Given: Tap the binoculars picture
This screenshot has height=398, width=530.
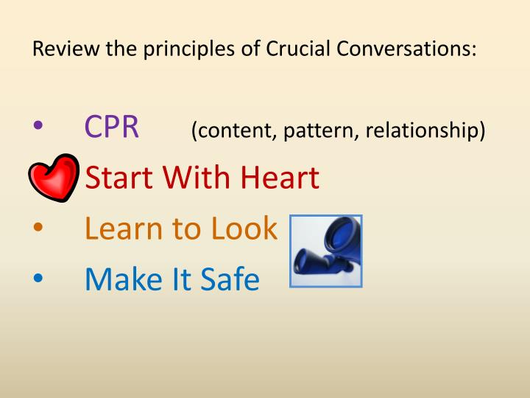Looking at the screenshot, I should click(x=326, y=251).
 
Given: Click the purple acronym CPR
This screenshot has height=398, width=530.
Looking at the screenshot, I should click(x=112, y=128).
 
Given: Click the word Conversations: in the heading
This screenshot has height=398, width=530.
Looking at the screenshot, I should click(x=412, y=50).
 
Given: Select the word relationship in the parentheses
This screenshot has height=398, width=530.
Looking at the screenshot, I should click(x=427, y=130).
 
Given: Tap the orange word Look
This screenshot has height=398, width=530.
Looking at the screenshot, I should click(x=245, y=228).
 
